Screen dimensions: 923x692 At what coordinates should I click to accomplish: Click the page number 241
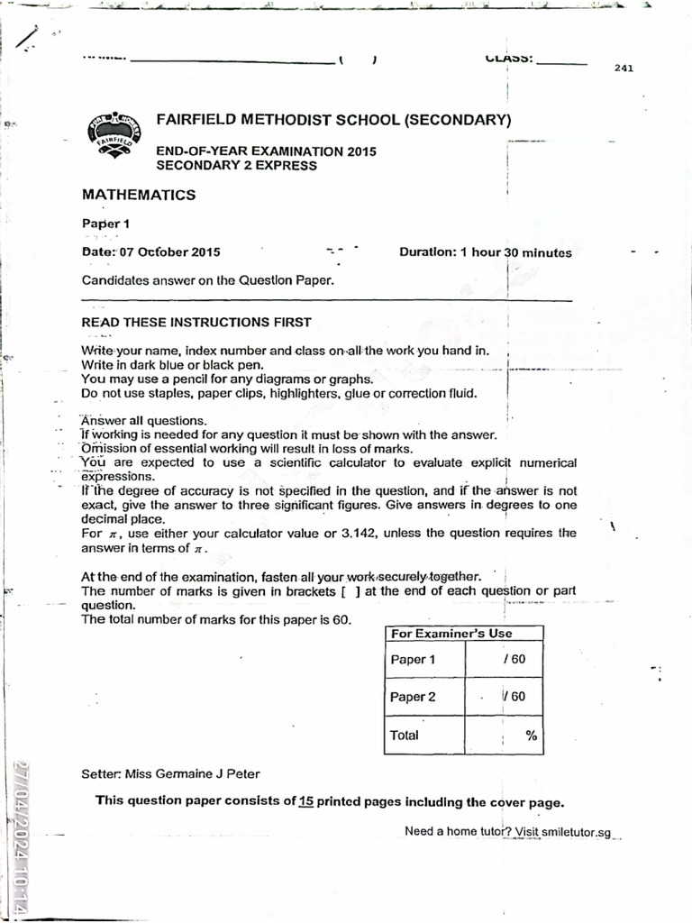(624, 69)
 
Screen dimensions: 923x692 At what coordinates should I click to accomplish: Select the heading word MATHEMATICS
(139, 195)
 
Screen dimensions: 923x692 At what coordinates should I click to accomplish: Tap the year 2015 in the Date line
(205, 252)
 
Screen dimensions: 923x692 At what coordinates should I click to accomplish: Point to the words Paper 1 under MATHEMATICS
(106, 224)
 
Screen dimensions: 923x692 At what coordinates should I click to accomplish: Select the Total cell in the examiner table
(405, 735)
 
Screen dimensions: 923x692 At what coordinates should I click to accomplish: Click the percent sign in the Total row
(531, 736)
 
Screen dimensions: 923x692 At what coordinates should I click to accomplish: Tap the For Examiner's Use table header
(451, 634)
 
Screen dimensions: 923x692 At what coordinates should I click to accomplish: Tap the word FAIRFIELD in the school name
(195, 120)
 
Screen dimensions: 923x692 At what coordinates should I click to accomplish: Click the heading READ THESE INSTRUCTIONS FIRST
(196, 322)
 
